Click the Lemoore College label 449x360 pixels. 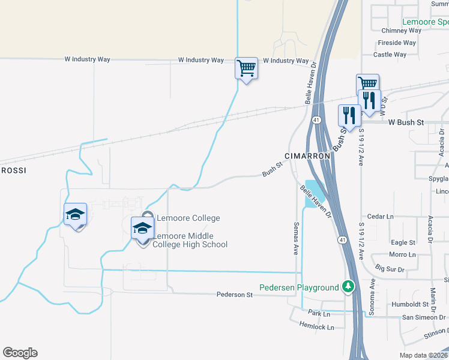click(x=188, y=218)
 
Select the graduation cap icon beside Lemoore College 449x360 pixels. click(x=142, y=229)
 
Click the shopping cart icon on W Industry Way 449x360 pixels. click(x=246, y=68)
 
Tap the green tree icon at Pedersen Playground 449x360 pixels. click(x=348, y=287)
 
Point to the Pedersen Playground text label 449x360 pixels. click(x=299, y=287)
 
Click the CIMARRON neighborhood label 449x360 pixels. click(x=307, y=156)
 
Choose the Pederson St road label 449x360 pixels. click(x=235, y=295)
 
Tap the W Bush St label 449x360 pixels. click(x=406, y=122)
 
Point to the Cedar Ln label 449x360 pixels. click(x=379, y=217)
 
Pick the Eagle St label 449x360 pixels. click(x=403, y=242)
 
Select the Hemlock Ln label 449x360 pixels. click(x=316, y=326)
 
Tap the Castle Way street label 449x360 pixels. click(x=390, y=55)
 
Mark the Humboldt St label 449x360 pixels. click(x=408, y=304)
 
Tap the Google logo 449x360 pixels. click(x=20, y=353)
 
